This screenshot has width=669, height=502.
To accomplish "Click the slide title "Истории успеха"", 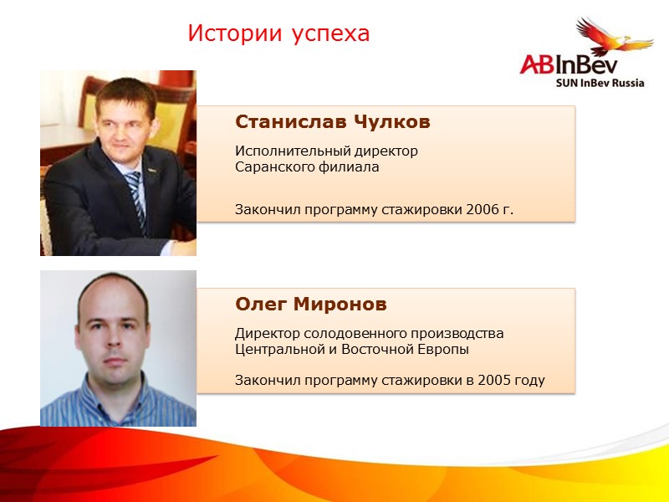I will [x=278, y=34].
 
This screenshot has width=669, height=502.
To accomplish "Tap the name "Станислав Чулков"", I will [x=333, y=122].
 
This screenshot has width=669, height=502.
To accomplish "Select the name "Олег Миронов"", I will [x=311, y=304].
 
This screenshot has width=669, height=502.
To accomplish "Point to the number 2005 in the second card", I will [x=494, y=381].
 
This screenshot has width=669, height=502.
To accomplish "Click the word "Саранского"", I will [x=269, y=167].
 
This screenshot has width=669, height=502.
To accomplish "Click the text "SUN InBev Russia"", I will [x=600, y=84].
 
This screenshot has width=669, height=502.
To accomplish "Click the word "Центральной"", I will [x=274, y=349].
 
